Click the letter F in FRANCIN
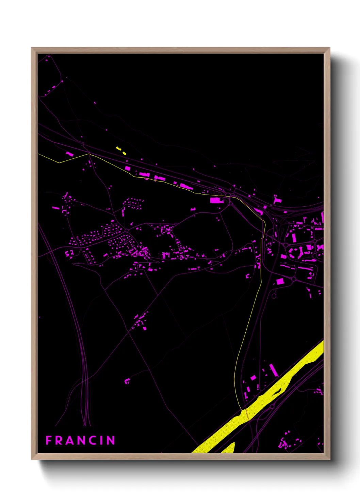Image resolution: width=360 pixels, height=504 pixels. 48,440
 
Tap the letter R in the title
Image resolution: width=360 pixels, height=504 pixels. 59,440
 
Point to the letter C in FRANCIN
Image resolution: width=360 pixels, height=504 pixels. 93,440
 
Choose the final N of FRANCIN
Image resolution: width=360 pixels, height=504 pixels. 111,440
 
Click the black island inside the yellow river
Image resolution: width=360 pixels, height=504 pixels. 277,392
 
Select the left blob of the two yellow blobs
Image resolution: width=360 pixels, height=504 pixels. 118,148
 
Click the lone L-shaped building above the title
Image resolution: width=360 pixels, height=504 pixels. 127,381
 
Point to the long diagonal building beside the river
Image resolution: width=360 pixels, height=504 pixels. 274,370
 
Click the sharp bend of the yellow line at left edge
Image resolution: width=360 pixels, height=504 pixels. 59,163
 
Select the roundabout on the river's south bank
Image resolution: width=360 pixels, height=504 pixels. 272,406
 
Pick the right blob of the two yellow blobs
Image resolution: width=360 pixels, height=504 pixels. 124,154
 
